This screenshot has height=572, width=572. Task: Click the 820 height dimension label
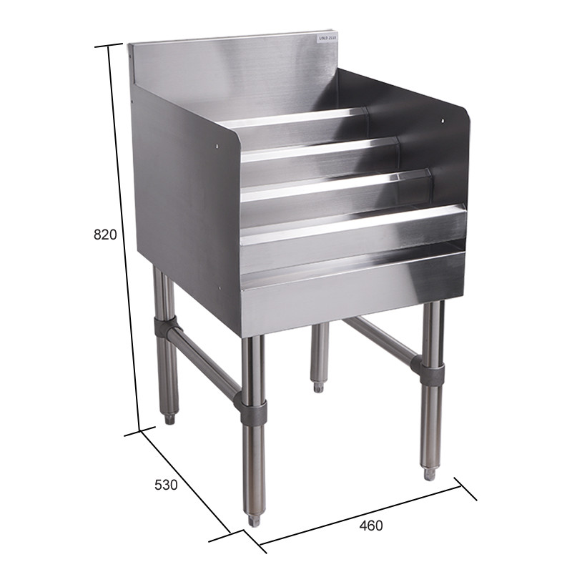pyautogui.click(x=104, y=235)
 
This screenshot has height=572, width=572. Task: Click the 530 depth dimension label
pyautogui.click(x=166, y=485)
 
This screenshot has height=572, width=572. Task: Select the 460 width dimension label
pyautogui.click(x=370, y=526)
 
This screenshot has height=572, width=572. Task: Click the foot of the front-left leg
pyautogui.click(x=253, y=520)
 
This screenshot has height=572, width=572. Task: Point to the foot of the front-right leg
pyautogui.click(x=429, y=473)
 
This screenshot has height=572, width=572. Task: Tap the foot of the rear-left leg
pyautogui.click(x=169, y=419)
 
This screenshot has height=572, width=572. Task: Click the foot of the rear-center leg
pyautogui.click(x=317, y=387)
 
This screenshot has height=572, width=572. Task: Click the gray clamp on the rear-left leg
pyautogui.click(x=164, y=330)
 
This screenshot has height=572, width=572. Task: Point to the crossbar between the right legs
pyautogui.click(x=379, y=340)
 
